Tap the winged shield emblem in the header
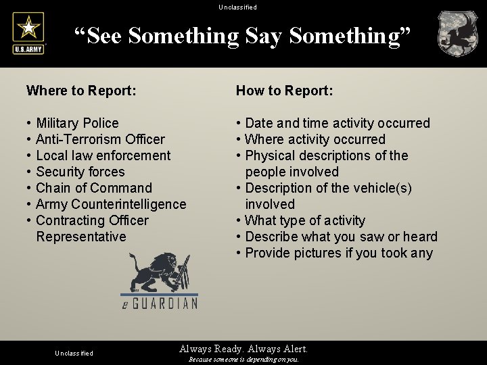pos(457,33)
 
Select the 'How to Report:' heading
pos(284,91)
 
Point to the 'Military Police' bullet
pos(77,123)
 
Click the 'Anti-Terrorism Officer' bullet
pos(100,139)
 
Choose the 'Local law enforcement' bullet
pos(103,155)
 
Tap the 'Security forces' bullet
pos(80,172)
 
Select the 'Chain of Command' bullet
pos(94,188)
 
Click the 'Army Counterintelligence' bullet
pos(111,204)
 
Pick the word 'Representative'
pos(81,237)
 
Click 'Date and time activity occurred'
pos(338,123)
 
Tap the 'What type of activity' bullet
pos(305,220)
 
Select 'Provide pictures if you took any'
pos(339,253)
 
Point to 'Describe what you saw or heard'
pos(341,237)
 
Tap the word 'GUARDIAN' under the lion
pos(165,304)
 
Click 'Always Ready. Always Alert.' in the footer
pos(243,349)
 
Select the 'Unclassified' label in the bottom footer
pos(74,353)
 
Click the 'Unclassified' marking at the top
pos(238,7)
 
